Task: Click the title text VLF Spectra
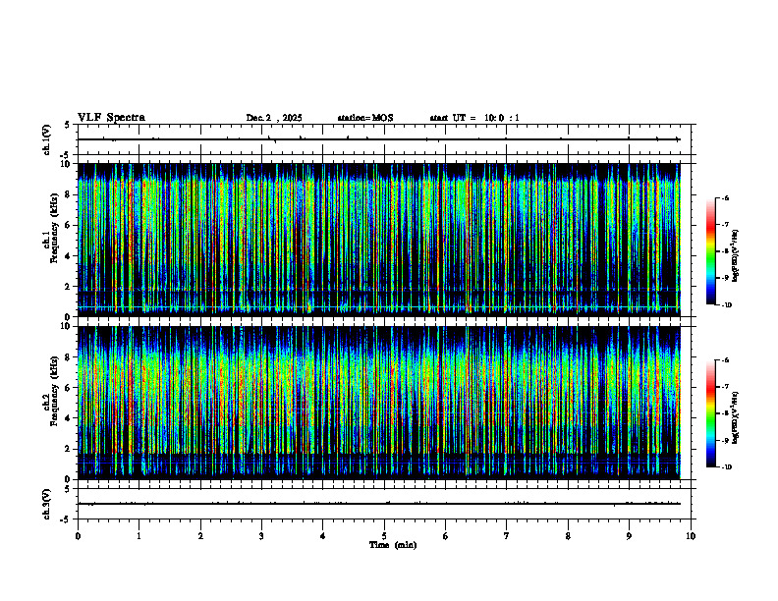coord(111,117)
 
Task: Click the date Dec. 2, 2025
coord(274,118)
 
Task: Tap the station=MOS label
coord(364,118)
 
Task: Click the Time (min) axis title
coord(392,544)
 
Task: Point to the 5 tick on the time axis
coord(384,536)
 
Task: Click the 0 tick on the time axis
coord(78,536)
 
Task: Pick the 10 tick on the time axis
coord(691,536)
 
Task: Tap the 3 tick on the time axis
coord(261,536)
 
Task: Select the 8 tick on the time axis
coord(568,536)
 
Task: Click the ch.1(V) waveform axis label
coord(47,140)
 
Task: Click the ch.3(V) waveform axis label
coord(47,502)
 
